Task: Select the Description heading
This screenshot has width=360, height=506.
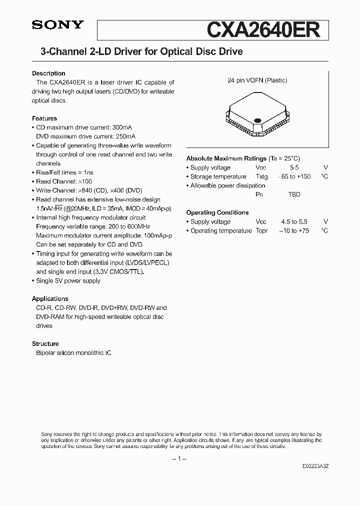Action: pyautogui.click(x=48, y=73)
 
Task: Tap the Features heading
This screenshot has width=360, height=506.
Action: pyautogui.click(x=44, y=118)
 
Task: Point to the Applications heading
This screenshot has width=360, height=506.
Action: pyautogui.click(x=50, y=298)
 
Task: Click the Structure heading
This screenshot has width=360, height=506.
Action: pyautogui.click(x=45, y=343)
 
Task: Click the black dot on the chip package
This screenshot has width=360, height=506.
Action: pyautogui.click(x=258, y=120)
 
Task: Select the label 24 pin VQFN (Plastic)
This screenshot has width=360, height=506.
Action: pyautogui.click(x=257, y=80)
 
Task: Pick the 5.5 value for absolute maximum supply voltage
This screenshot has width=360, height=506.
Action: pyautogui.click(x=294, y=167)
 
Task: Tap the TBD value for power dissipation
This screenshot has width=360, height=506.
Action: pyautogui.click(x=294, y=194)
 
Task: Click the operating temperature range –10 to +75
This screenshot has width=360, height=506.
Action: pyautogui.click(x=294, y=230)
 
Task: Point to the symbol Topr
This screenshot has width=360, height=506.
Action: pyautogui.click(x=261, y=230)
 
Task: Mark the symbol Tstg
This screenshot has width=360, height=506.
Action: pyautogui.click(x=261, y=176)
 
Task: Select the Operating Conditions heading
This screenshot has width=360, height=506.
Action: pyautogui.click(x=217, y=212)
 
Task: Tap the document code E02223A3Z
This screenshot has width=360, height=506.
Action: pyautogui.click(x=315, y=465)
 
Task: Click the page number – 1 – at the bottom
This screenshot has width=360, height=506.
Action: pyautogui.click(x=179, y=458)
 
